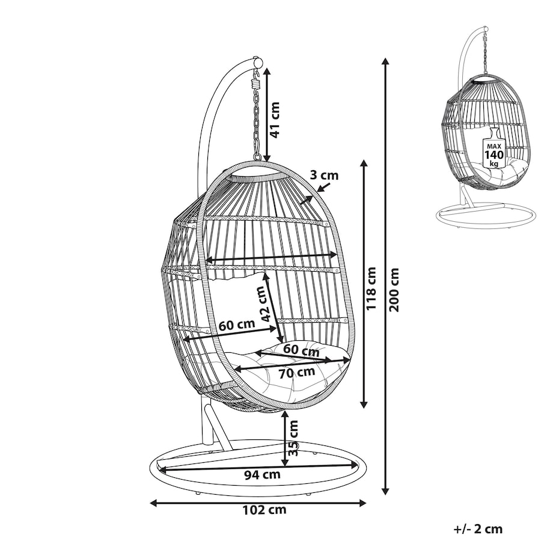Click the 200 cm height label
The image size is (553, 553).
(394, 289)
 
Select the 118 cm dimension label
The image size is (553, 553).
(371, 288)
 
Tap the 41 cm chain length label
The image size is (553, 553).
(274, 120)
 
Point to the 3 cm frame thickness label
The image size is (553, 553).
(324, 175)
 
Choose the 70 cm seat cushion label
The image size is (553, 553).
(296, 373)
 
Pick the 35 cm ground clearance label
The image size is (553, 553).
(293, 438)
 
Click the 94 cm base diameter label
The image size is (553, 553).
(263, 475)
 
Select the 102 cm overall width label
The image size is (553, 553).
(264, 510)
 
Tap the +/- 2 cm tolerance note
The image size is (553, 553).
(477, 529)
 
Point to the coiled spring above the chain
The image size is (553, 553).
(256, 84)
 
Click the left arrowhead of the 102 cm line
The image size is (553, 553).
(153, 503)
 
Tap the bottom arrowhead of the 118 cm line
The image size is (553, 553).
(364, 405)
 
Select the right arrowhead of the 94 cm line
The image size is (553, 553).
(354, 465)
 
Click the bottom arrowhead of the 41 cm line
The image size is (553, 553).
(267, 158)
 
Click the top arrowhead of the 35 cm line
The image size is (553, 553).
(284, 415)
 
